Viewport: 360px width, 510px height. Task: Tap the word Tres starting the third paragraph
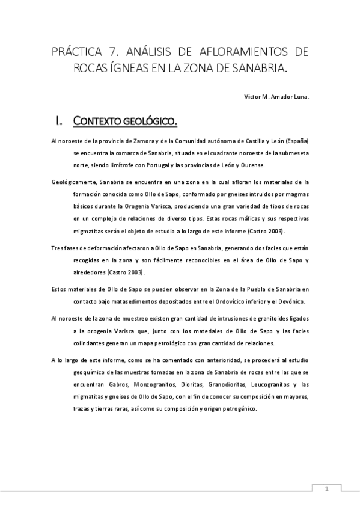click(58, 247)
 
